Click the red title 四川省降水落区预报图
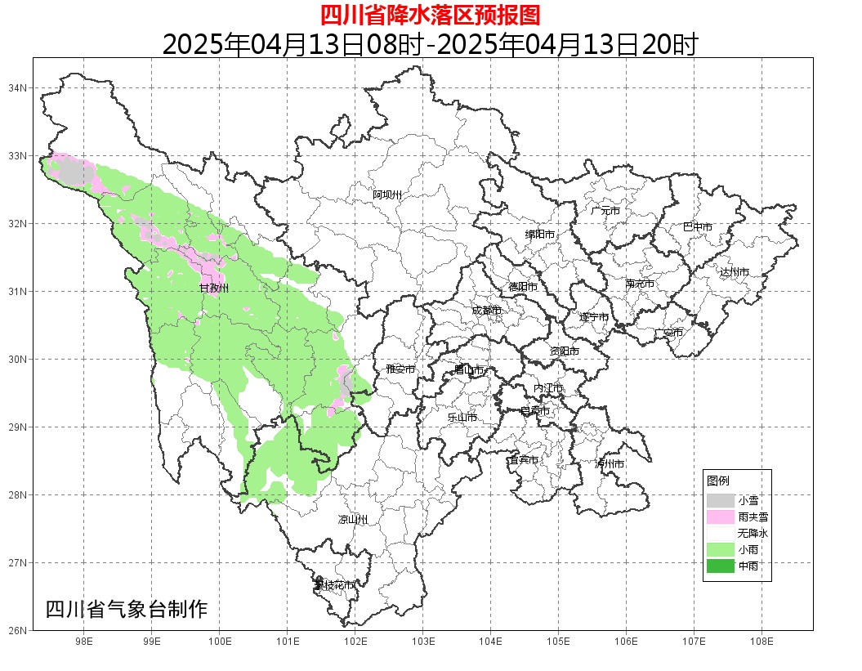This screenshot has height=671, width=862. tap(430, 15)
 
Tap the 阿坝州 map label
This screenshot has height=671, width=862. tap(388, 195)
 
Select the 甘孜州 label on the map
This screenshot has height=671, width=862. tap(214, 289)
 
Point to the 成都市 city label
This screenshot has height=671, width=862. tap(487, 311)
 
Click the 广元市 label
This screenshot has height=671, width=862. tap(605, 211)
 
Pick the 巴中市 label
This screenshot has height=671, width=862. tap(698, 227)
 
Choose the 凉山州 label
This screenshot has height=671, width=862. tap(353, 520)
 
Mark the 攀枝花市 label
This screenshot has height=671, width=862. tap(335, 585)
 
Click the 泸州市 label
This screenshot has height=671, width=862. tap(610, 464)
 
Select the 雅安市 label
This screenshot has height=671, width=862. tap(400, 369)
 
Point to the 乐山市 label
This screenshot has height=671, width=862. tap(462, 418)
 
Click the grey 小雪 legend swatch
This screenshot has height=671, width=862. tap(720, 500)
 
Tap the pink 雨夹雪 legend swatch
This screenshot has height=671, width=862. tap(720, 517)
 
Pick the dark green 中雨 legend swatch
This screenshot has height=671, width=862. tap(720, 566)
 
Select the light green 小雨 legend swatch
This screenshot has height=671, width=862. tap(720, 549)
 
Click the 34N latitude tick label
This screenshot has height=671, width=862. tap(18, 87)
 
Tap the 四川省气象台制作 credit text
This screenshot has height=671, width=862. tap(127, 610)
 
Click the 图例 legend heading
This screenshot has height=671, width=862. tap(718, 481)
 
